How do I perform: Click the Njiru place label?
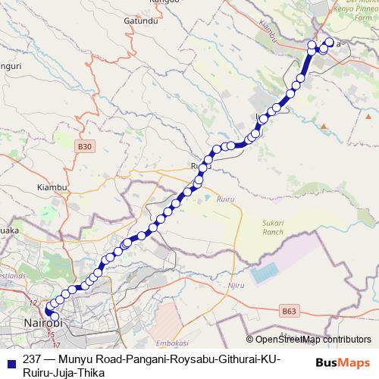236,285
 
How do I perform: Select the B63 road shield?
289,311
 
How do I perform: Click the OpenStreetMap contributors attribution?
312,339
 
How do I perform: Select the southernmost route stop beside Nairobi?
54,317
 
